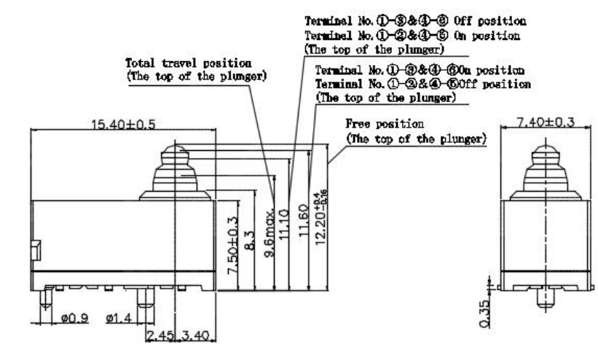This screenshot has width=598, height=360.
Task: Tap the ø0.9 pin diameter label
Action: (75, 318)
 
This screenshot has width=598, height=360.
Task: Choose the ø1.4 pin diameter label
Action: (118, 318)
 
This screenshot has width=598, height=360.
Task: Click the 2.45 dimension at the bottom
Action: (160, 335)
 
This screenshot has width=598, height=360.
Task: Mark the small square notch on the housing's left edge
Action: (34, 250)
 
